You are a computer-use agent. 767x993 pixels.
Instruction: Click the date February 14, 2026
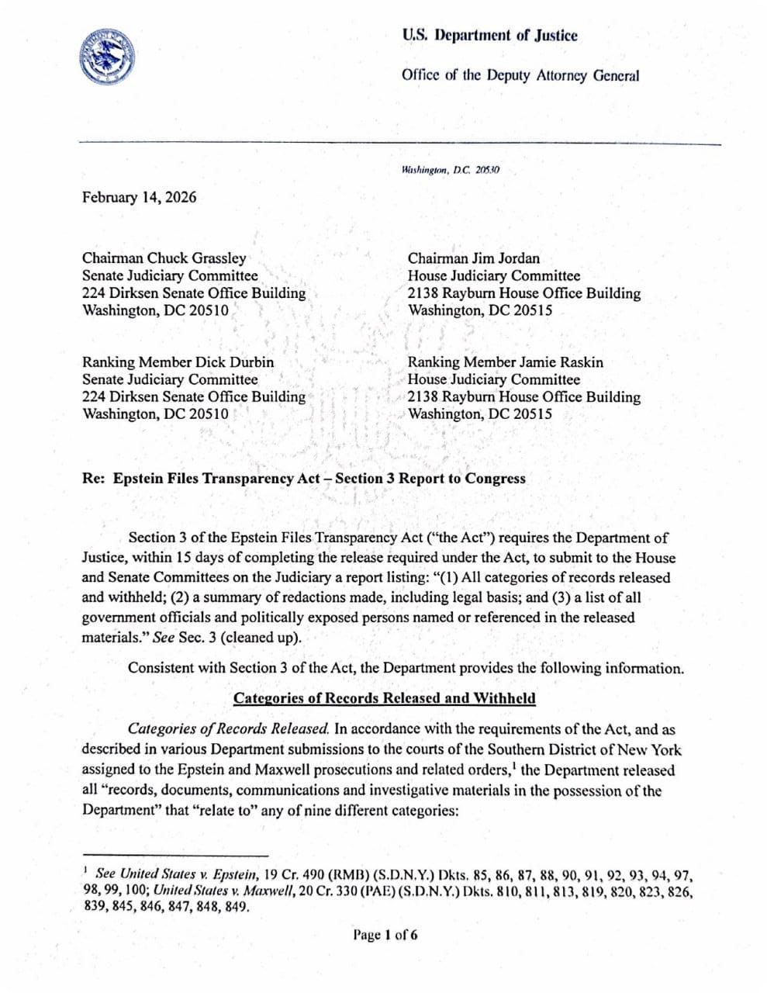coord(139,197)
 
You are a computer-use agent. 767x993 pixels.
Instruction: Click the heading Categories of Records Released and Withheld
coord(384,698)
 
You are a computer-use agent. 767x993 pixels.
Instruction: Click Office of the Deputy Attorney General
coord(520,76)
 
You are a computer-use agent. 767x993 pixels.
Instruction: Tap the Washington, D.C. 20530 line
coord(451,169)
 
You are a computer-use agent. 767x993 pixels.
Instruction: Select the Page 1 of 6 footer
coord(385,935)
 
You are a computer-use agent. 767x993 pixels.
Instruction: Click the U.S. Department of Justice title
coord(489,36)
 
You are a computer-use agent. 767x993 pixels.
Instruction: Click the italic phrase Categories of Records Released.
coord(229,729)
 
